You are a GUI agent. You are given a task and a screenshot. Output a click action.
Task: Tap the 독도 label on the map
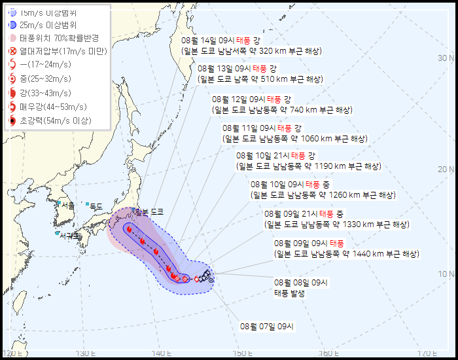click(x=96, y=207)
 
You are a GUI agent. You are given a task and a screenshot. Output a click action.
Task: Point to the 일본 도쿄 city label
click(x=149, y=212)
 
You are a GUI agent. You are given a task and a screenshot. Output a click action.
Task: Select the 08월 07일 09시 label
click(x=268, y=325)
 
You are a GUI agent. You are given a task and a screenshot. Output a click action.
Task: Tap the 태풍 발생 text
click(x=289, y=293)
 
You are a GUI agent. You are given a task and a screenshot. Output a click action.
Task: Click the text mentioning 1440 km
click(x=346, y=254)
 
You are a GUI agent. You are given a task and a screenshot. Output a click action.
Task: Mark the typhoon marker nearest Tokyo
click(x=129, y=229)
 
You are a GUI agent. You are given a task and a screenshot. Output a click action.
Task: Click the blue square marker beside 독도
click(x=87, y=204)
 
